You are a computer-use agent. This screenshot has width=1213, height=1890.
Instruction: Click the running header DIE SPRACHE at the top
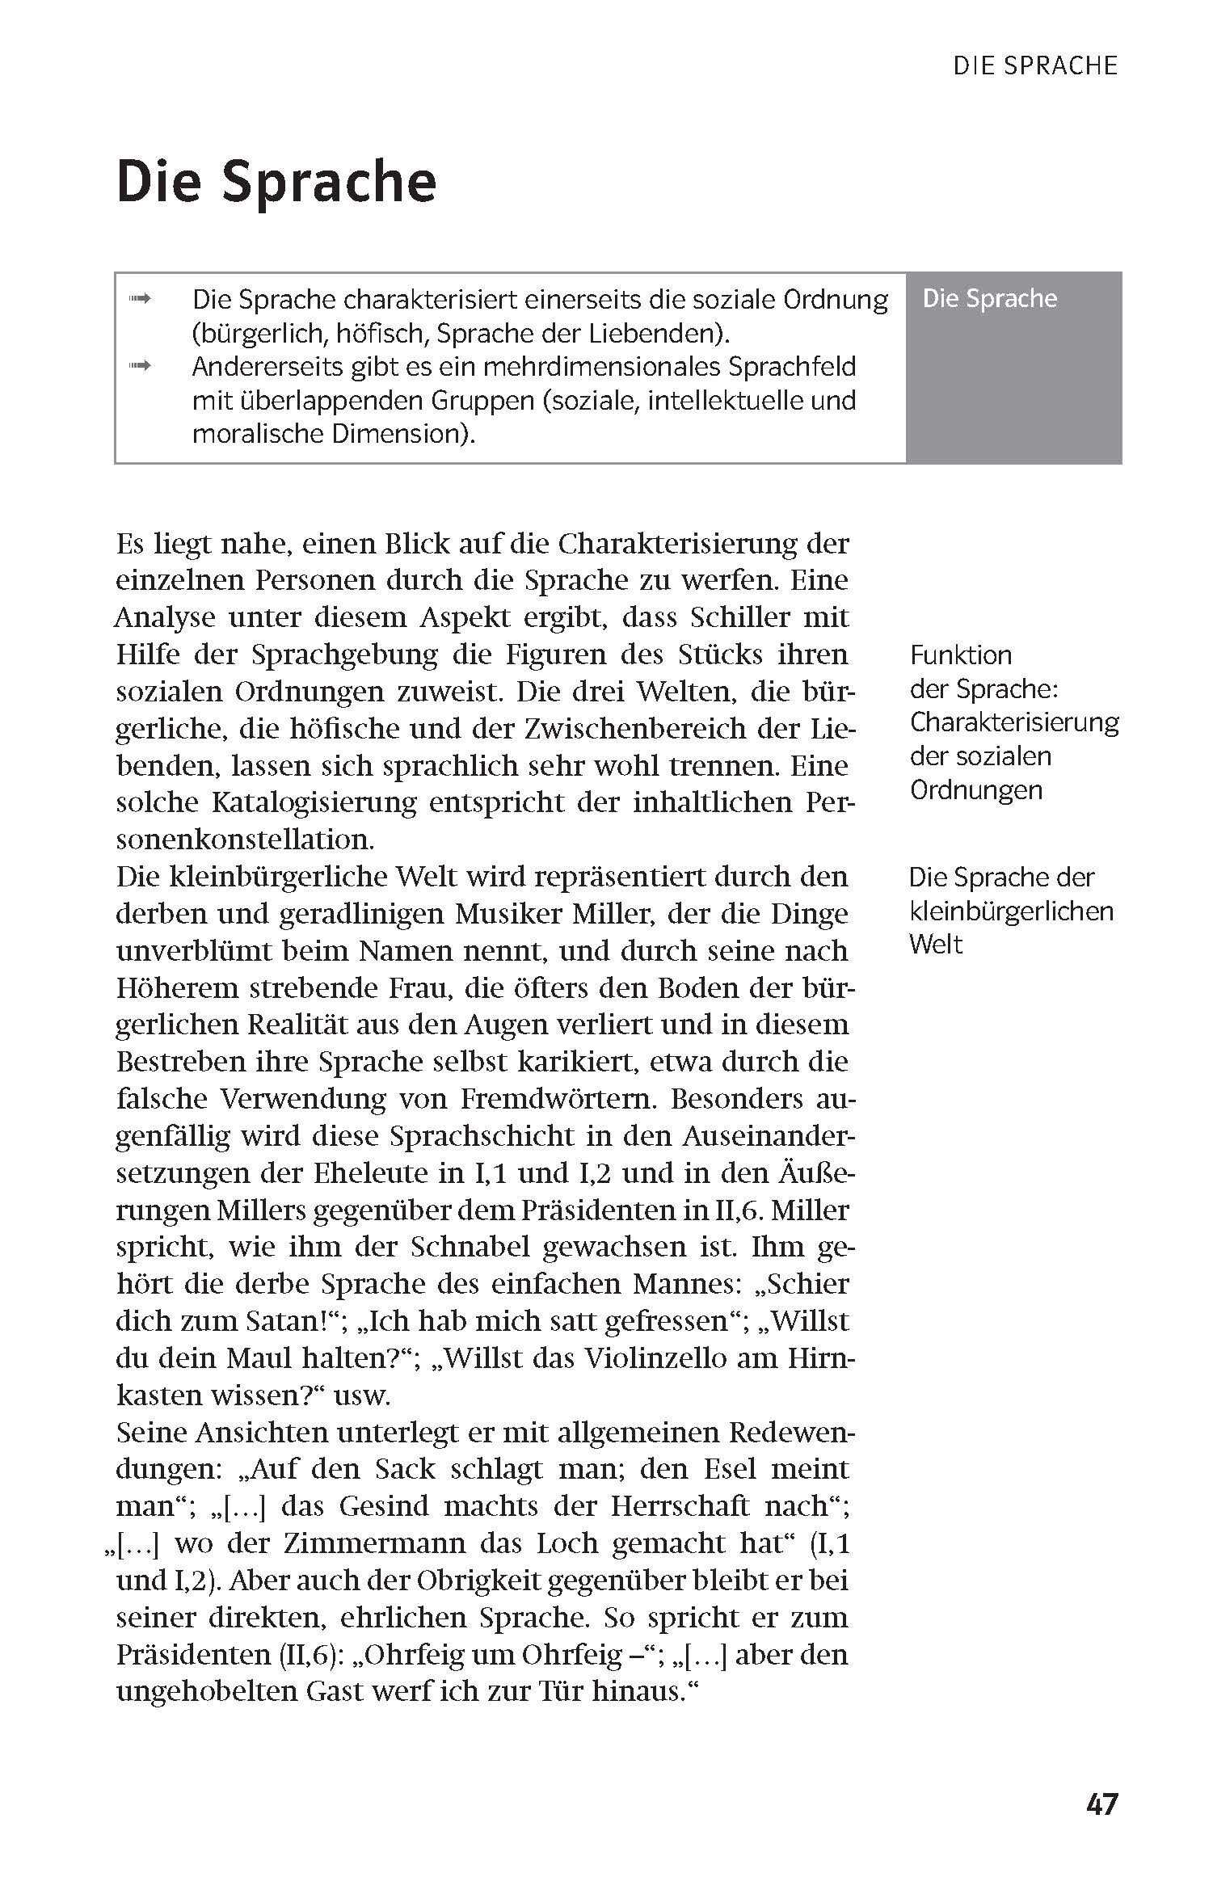(1035, 65)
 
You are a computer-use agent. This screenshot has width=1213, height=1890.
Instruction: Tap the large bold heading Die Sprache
(276, 182)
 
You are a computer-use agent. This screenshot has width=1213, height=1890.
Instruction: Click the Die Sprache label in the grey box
(989, 299)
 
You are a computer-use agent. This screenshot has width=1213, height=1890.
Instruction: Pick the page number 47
(1102, 1804)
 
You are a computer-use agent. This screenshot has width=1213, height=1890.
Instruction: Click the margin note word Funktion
(961, 655)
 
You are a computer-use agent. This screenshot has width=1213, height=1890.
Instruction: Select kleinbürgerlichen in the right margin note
(1011, 911)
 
